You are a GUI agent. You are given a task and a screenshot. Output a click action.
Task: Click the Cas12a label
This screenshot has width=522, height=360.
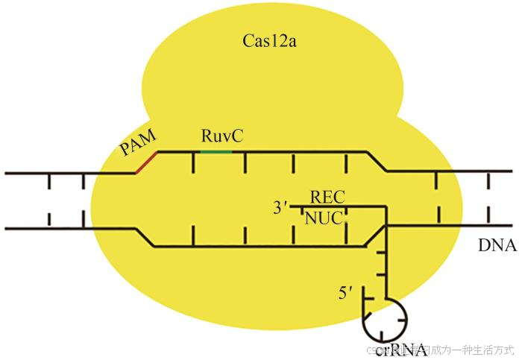[x=268, y=40]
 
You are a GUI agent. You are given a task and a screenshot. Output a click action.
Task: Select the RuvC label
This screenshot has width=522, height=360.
[x=221, y=136]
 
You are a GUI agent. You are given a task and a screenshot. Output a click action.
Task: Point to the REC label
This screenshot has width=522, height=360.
[x=327, y=198]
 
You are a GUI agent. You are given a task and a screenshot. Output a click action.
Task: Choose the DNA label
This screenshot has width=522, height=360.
[x=498, y=245]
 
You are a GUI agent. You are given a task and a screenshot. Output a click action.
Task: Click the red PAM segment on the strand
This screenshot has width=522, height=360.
[x=146, y=162]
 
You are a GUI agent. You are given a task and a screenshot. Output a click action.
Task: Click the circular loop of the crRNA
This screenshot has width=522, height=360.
[x=385, y=320]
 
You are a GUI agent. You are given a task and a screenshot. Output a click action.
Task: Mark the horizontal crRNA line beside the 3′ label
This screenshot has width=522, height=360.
[x=336, y=206]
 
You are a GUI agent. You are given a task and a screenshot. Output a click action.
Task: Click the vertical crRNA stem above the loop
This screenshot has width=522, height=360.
[x=386, y=261]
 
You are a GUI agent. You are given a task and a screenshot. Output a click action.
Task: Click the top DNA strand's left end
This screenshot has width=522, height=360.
[x=7, y=173]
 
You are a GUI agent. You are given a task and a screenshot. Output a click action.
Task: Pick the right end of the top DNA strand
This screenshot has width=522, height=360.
[x=515, y=171]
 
